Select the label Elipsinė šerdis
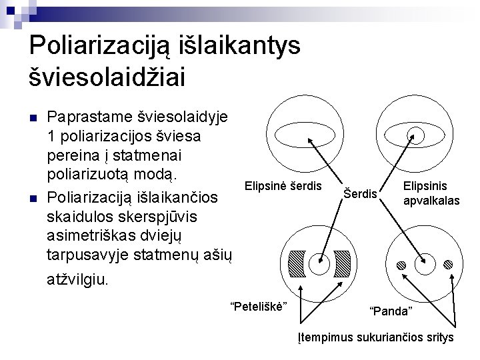[x=283, y=185]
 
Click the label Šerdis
[x=361, y=194]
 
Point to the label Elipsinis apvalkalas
[x=430, y=193]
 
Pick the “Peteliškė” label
[x=258, y=305]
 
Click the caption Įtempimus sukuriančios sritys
[x=375, y=337]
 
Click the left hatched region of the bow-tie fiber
[x=297, y=264]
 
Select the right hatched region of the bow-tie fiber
[x=341, y=264]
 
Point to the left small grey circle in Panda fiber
[x=401, y=265]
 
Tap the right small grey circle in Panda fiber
[x=448, y=265]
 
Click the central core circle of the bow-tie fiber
[x=319, y=265]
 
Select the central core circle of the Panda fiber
[x=425, y=265]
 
